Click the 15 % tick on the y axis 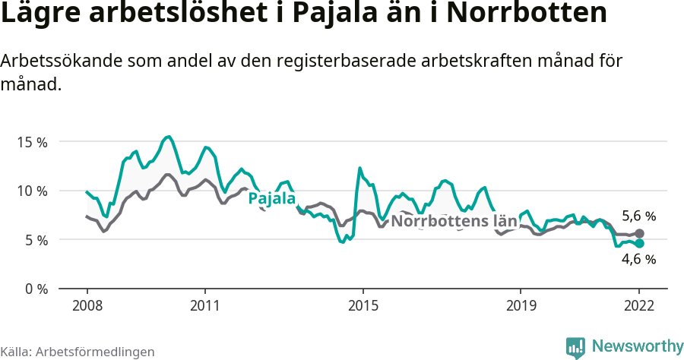click(31, 142)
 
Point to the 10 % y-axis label click(31, 191)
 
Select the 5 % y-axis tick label click(35, 240)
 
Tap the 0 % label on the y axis click(35, 289)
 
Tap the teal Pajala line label click(272, 199)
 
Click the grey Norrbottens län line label click(454, 222)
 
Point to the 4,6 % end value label click(638, 259)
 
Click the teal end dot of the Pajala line click(640, 243)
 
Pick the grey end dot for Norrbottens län click(640, 233)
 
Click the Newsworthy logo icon click(575, 347)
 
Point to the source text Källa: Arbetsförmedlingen click(78, 352)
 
